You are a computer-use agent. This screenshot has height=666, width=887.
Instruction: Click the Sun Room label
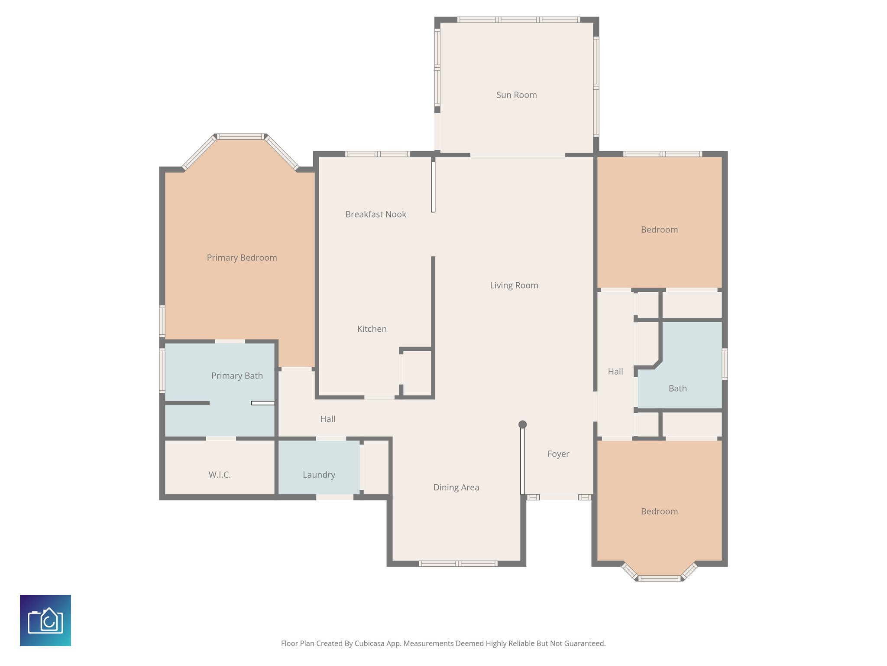tap(516, 95)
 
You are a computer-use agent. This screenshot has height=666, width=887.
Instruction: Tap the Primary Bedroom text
tap(242, 258)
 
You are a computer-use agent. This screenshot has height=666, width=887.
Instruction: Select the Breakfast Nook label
tap(376, 214)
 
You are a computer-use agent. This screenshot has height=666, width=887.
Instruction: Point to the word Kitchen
tap(372, 329)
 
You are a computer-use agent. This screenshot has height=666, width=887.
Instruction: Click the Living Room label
tap(514, 285)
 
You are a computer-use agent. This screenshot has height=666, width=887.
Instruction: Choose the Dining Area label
tap(456, 487)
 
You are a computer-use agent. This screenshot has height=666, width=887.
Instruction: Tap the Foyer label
tap(558, 454)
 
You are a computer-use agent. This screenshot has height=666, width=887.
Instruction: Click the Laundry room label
tap(319, 475)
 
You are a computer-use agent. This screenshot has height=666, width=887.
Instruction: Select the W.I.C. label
tap(220, 475)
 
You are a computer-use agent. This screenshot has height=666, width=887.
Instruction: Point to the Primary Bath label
tap(237, 376)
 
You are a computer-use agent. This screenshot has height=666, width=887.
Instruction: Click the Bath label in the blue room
tap(677, 388)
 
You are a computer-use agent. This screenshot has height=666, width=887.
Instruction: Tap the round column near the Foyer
tap(522, 424)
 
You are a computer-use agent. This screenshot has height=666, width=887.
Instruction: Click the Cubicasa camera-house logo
tap(45, 620)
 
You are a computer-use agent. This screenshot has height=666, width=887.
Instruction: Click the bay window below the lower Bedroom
tap(659, 578)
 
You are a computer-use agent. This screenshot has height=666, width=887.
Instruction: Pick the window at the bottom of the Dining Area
tap(458, 564)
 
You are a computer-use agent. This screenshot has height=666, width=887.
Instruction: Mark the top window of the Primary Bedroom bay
tap(240, 137)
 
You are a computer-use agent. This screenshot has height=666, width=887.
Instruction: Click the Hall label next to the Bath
tap(615, 372)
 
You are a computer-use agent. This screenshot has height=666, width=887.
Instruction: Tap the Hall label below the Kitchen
tap(327, 419)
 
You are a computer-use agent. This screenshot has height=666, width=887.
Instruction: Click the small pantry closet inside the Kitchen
tap(417, 373)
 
